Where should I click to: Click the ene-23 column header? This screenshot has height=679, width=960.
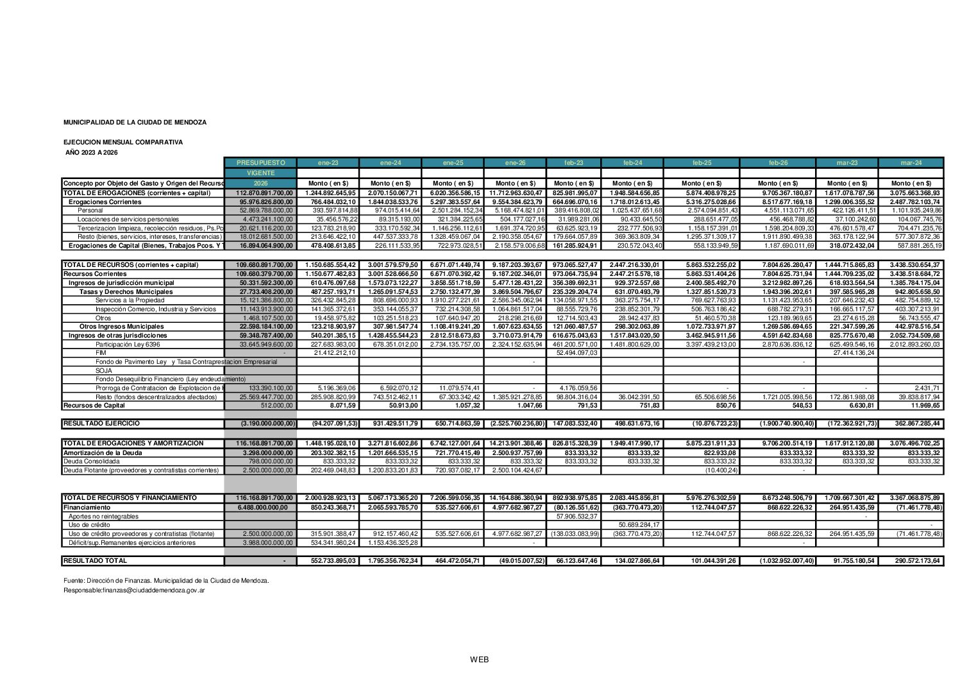[x=328, y=163]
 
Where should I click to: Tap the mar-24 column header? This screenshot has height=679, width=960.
[x=911, y=163]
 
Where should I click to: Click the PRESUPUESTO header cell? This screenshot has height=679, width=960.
[x=260, y=163]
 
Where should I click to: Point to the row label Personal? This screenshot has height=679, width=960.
[x=90, y=211]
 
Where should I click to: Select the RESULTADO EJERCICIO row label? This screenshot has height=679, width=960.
[x=101, y=424]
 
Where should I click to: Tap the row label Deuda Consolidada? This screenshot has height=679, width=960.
[x=91, y=461]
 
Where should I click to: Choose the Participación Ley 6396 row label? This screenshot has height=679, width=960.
[x=128, y=345]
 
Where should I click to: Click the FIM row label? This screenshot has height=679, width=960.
[x=101, y=353]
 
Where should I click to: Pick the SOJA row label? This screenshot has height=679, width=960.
[x=104, y=371]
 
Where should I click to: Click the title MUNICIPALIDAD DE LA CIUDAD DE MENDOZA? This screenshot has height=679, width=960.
[x=135, y=122]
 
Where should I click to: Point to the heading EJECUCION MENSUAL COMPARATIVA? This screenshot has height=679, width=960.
[x=122, y=142]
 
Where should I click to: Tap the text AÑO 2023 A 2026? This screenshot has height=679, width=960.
[x=92, y=153]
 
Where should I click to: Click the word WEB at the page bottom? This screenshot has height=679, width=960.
[x=479, y=660]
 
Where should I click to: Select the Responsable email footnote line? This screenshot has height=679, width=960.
[x=134, y=590]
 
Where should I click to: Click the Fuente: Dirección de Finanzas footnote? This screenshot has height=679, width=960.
[x=166, y=581]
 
